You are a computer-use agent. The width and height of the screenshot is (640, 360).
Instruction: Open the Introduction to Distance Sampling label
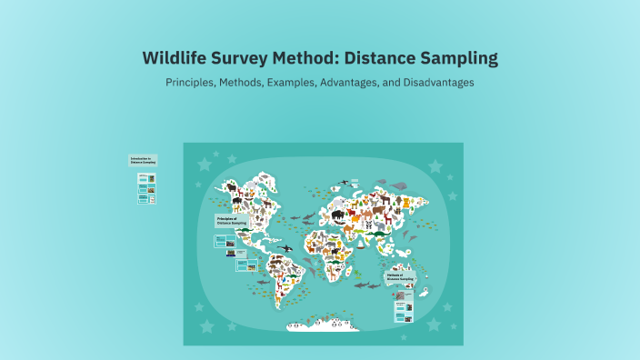(143, 161)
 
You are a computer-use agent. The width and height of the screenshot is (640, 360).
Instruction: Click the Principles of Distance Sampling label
(231, 220)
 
